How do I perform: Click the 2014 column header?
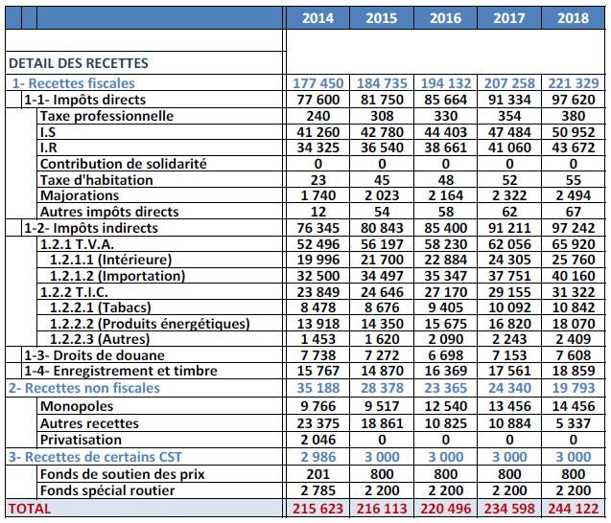[317, 17]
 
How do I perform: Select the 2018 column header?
[574, 17]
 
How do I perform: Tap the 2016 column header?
[445, 17]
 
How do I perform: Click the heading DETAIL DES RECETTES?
[79, 63]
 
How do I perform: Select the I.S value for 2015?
[381, 131]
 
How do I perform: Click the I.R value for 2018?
[574, 147]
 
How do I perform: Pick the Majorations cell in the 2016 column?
[445, 195]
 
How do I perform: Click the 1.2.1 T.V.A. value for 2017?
[509, 244]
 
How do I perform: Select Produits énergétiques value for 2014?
[317, 324]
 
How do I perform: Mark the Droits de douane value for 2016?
[445, 354]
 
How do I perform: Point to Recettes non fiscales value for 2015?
[381, 387]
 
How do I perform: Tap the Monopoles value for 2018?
[574, 405]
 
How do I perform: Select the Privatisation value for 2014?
[317, 439]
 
